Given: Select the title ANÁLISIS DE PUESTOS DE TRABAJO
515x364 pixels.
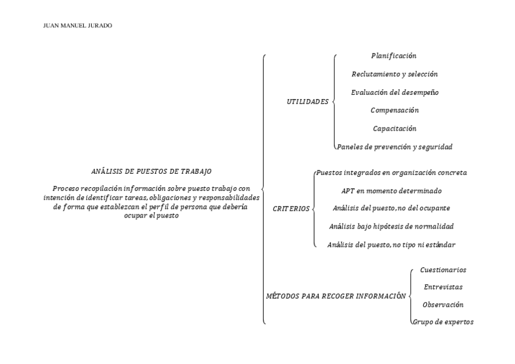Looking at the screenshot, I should pyautogui.click(x=151, y=171).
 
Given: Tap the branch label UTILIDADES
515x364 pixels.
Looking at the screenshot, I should pyautogui.click(x=307, y=101).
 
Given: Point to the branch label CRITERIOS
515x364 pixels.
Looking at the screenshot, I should pyautogui.click(x=292, y=208).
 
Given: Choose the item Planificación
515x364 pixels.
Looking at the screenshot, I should pyautogui.click(x=394, y=56).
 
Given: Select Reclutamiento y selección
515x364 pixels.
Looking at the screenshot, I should pyautogui.click(x=395, y=74).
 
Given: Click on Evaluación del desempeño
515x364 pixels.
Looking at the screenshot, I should pyautogui.click(x=395, y=92).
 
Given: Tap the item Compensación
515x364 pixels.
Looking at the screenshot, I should pyautogui.click(x=395, y=111).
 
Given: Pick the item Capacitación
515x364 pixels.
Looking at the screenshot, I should pyautogui.click(x=395, y=129).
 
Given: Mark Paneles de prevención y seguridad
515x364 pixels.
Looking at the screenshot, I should pyautogui.click(x=395, y=147).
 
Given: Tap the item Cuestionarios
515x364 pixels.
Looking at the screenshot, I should pyautogui.click(x=443, y=270).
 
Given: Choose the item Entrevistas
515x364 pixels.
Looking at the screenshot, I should pyautogui.click(x=443, y=287).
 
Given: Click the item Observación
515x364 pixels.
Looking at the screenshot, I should pyautogui.click(x=443, y=304).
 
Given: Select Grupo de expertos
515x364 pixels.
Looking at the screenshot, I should pyautogui.click(x=443, y=322).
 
